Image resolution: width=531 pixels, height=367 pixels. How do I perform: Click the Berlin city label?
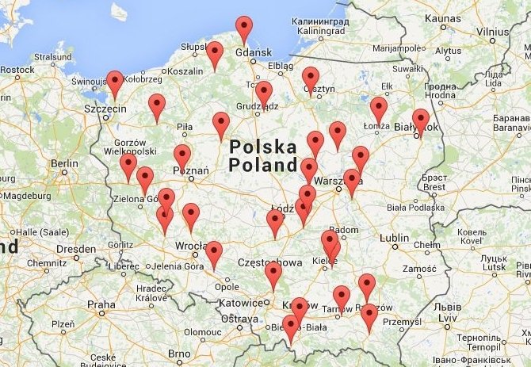point(63,163)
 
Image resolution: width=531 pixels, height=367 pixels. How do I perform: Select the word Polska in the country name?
point(262,147)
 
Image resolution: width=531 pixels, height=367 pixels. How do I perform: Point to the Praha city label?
point(101,304)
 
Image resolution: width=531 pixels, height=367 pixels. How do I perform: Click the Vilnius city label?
point(492,32)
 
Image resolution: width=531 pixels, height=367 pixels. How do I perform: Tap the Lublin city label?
point(395,237)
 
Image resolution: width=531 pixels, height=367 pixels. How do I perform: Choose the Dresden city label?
point(76,248)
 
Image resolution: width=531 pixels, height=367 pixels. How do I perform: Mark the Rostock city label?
point(17,70)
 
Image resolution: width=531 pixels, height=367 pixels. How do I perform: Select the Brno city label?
point(178,354)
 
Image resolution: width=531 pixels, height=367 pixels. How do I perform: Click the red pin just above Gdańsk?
point(244,29)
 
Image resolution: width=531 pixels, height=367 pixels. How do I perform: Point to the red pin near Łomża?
point(379,109)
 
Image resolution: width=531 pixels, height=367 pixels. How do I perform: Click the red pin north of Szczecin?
point(115,82)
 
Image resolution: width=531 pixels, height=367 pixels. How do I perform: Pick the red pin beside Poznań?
point(182,156)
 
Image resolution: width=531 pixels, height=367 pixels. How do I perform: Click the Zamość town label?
point(419,270)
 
